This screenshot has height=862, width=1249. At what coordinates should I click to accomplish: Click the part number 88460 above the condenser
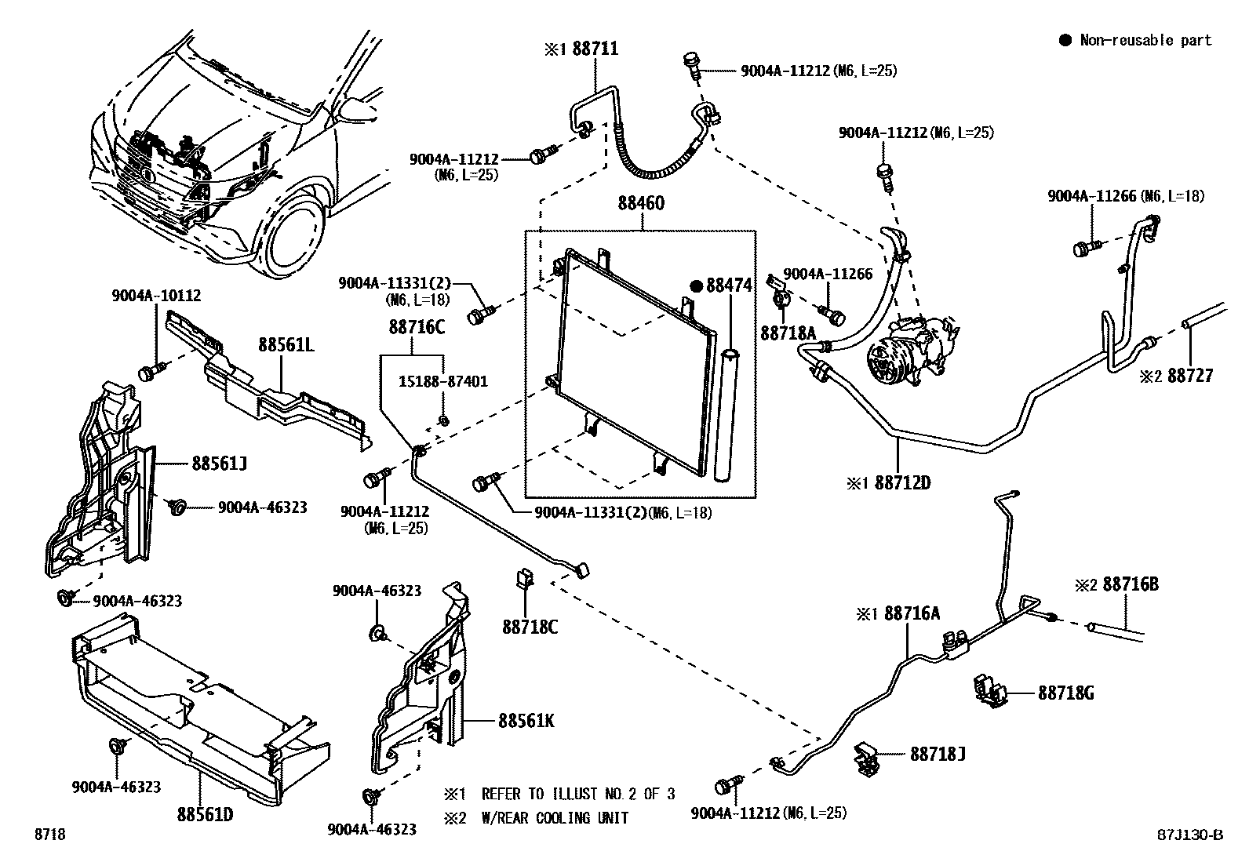[640, 204]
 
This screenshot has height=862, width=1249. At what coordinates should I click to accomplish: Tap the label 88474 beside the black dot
[728, 286]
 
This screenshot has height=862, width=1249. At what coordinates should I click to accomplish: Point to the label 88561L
[287, 346]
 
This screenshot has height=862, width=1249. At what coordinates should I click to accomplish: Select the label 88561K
[526, 720]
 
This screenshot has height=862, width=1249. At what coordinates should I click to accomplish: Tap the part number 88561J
[219, 464]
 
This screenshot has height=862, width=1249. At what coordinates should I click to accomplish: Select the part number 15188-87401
[442, 382]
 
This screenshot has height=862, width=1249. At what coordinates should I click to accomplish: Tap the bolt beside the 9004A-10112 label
[149, 371]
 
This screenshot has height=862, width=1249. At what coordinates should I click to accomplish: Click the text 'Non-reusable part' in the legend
[1145, 41]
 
